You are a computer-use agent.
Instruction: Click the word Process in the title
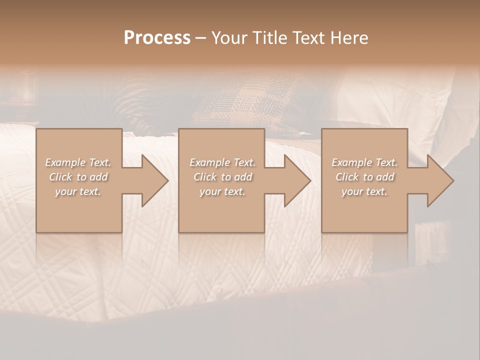pos(157,38)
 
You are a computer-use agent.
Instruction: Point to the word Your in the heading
pos(229,38)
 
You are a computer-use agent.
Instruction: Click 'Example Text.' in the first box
pos(78,162)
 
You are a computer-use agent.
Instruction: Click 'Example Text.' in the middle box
pos(222,162)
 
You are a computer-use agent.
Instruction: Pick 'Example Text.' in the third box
pos(364,162)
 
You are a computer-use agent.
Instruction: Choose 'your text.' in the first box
pos(77,191)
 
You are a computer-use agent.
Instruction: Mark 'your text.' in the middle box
pos(222,191)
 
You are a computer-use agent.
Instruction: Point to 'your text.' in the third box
pos(364,191)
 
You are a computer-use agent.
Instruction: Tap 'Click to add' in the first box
pos(78,177)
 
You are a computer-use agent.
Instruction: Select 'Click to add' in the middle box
pos(222,177)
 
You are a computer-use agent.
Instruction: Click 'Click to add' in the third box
pos(364,177)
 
